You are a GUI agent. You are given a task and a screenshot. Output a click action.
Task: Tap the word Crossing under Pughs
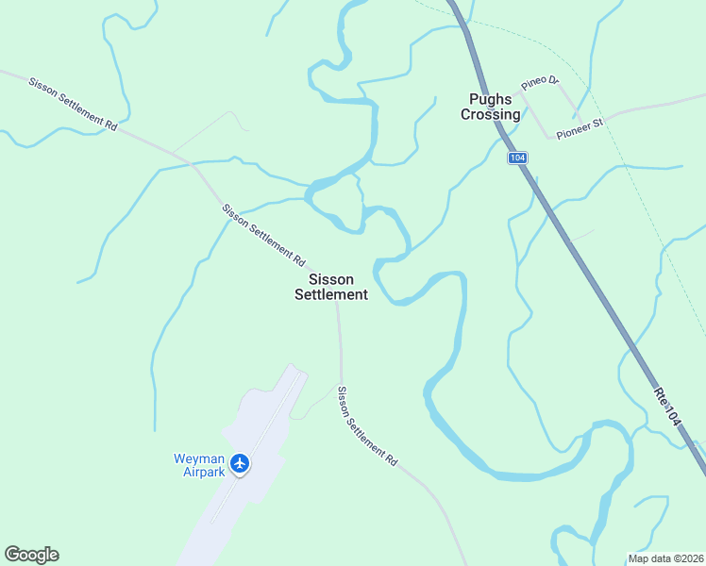(490, 114)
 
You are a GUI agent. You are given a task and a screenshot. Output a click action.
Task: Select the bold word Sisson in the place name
(330, 279)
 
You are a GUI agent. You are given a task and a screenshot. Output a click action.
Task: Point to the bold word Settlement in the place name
(330, 294)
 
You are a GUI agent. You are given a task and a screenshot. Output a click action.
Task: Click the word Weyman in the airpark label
(198, 458)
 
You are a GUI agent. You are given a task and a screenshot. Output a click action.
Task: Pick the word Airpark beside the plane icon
(203, 472)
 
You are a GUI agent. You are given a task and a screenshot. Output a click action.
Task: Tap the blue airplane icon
(240, 463)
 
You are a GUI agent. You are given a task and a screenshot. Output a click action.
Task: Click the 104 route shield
(516, 158)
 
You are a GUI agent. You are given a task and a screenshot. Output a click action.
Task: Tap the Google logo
(31, 555)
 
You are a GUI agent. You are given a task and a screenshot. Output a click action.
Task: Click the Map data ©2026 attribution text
(664, 558)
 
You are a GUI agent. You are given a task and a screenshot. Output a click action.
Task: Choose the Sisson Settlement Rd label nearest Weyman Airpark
(367, 425)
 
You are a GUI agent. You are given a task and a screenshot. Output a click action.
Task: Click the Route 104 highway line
(585, 274)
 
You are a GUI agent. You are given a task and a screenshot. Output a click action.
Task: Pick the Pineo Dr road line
(569, 97)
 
